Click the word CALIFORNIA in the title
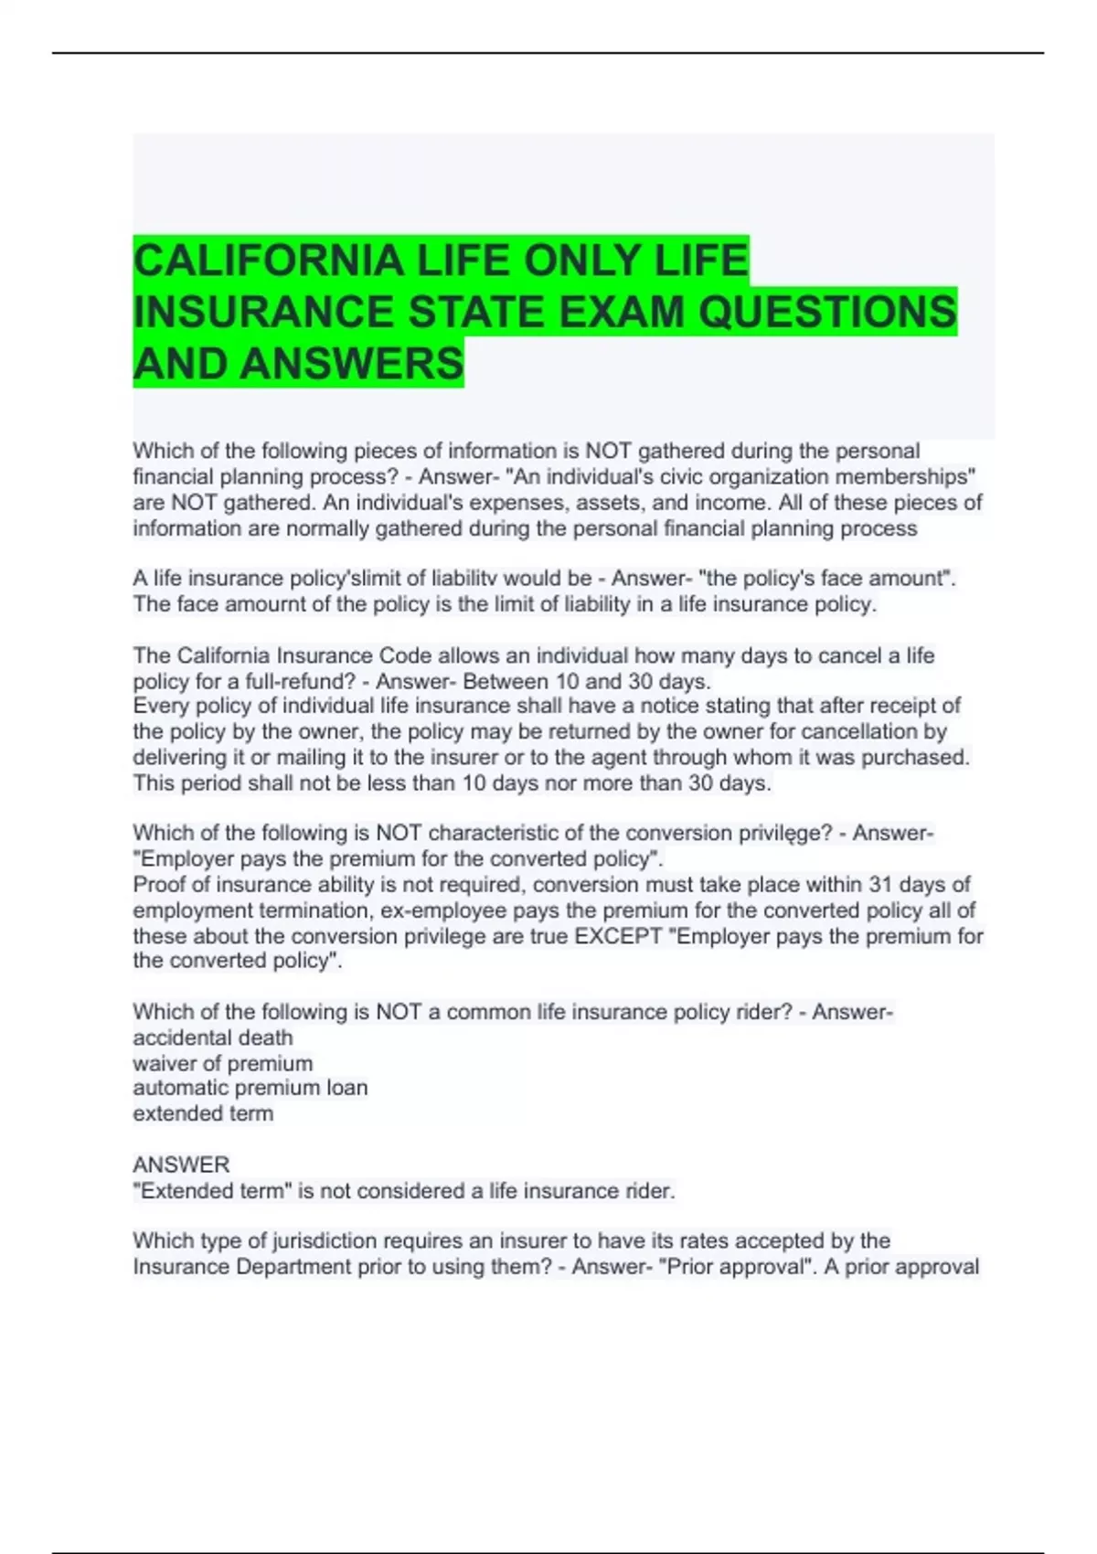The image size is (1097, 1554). [269, 261]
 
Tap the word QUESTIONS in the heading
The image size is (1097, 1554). [827, 312]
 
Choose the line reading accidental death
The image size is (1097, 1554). [213, 1038]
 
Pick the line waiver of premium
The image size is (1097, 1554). [223, 1063]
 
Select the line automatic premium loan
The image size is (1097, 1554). [250, 1088]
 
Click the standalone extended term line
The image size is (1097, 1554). [203, 1113]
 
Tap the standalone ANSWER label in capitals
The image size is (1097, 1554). [181, 1165]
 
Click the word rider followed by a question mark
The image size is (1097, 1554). [762, 1012]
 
